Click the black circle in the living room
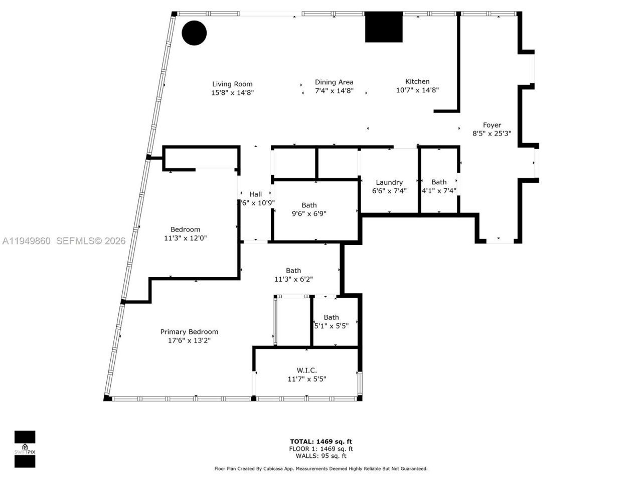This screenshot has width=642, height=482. tap(194, 33)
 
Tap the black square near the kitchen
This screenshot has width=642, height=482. tap(384, 27)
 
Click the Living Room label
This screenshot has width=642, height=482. tap(232, 84)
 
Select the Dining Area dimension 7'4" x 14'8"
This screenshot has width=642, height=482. tap(334, 91)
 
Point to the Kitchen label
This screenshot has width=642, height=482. tap(417, 81)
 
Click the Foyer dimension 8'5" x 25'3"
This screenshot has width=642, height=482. tap(492, 134)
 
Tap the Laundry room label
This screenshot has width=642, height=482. tap(389, 182)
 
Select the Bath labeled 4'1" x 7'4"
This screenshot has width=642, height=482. tap(439, 186)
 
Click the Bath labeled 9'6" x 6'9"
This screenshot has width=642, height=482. tap(309, 209)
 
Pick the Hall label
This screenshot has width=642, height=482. tap(255, 194)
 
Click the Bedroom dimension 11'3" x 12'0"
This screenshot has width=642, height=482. tap(185, 238)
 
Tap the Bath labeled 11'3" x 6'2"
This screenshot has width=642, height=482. tap(293, 275)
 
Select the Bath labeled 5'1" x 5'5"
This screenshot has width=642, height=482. tap(331, 321)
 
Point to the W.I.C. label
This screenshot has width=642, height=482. tap(306, 371)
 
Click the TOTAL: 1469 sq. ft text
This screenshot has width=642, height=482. tap(320, 442)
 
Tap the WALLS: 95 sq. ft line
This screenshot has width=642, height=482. tap(320, 456)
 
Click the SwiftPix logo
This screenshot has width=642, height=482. tap(25, 448)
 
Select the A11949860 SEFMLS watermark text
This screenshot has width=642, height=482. tap(63, 241)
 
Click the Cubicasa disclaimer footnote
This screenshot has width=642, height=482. tap(320, 469)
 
